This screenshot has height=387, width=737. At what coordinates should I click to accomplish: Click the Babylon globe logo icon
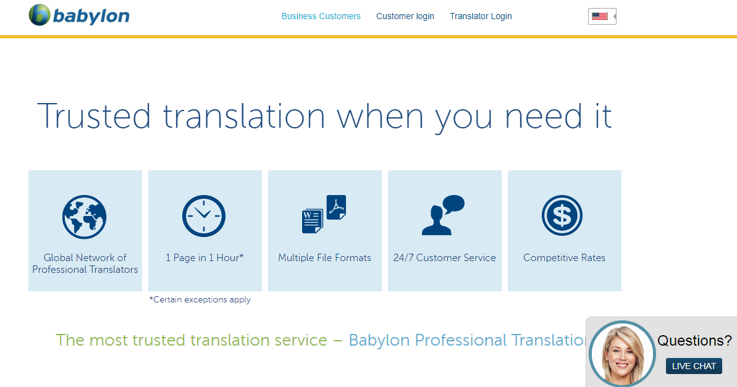[40, 15]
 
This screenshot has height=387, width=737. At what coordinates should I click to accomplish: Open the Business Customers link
[321, 17]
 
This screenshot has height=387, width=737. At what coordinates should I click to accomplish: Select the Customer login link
[405, 17]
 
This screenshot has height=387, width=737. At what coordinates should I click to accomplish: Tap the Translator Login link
[481, 17]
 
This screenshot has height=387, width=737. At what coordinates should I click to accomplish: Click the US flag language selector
[602, 17]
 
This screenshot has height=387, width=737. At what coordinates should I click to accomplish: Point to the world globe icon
[85, 217]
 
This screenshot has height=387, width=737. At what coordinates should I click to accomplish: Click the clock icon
[204, 216]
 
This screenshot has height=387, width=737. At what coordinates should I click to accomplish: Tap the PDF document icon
[336, 207]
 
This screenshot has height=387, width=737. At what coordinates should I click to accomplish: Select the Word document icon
[312, 221]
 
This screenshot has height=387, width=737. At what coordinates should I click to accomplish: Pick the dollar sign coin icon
[562, 216]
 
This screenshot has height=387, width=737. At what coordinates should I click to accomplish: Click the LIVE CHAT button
[694, 367]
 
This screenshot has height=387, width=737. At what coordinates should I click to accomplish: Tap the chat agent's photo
[622, 354]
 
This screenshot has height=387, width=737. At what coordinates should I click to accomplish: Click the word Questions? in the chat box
[695, 341]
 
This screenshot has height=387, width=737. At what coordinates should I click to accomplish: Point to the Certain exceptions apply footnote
[200, 299]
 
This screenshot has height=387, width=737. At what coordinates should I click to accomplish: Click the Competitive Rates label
[565, 258]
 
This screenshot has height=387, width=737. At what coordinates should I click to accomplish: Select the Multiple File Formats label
[325, 258]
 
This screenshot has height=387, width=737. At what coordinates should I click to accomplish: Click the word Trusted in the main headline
[94, 116]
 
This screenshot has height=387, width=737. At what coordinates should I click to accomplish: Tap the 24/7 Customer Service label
[445, 258]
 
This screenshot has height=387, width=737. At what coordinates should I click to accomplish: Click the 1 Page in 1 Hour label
[204, 258]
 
